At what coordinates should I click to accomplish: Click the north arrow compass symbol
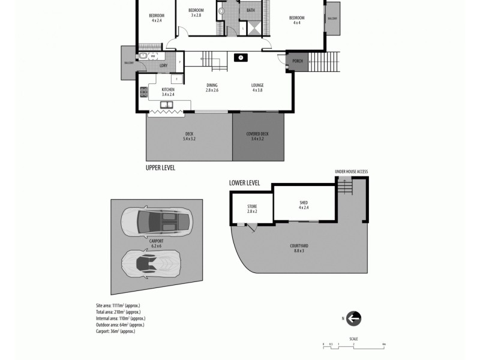click(x=353, y=319)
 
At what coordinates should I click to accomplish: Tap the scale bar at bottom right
click(x=354, y=344)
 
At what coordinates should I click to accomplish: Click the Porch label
click(x=297, y=61)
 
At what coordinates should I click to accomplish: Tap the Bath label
click(x=250, y=10)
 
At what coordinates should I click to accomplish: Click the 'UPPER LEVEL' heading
click(x=160, y=168)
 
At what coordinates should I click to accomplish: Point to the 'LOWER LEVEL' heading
click(x=244, y=182)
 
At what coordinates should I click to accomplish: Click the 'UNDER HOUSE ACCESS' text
click(x=351, y=172)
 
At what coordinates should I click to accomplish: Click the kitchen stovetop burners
click(x=143, y=92)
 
